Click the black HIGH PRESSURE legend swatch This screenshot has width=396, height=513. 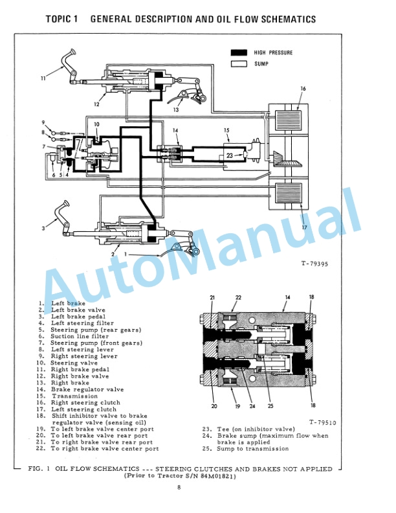[x=239, y=52]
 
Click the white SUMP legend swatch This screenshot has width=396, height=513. [x=239, y=63]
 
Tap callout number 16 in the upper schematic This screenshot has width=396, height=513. [x=303, y=88]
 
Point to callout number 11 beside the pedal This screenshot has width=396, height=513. [x=43, y=78]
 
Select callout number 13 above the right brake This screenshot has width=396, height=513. [x=175, y=110]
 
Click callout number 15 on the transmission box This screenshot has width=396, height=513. [x=227, y=130]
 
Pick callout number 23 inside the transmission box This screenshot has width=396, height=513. [x=230, y=155]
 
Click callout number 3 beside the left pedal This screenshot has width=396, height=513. [x=43, y=227]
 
